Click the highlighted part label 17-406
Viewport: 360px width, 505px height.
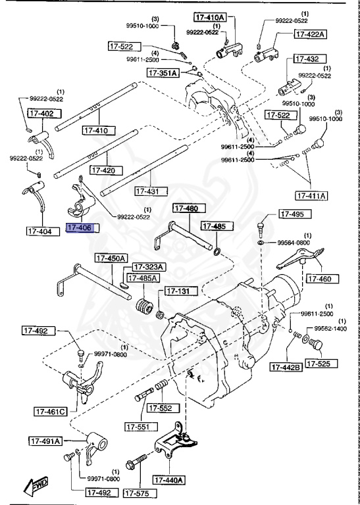tap(82, 229)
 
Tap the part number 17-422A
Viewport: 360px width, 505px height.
tap(310, 34)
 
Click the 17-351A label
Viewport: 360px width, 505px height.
tap(163, 73)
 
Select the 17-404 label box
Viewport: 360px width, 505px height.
tap(42, 230)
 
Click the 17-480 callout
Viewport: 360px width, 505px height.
tap(186, 209)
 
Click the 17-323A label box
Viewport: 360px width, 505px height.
tap(149, 267)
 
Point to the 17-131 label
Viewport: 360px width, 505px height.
tap(177, 291)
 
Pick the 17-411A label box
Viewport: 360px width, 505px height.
tap(312, 195)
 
